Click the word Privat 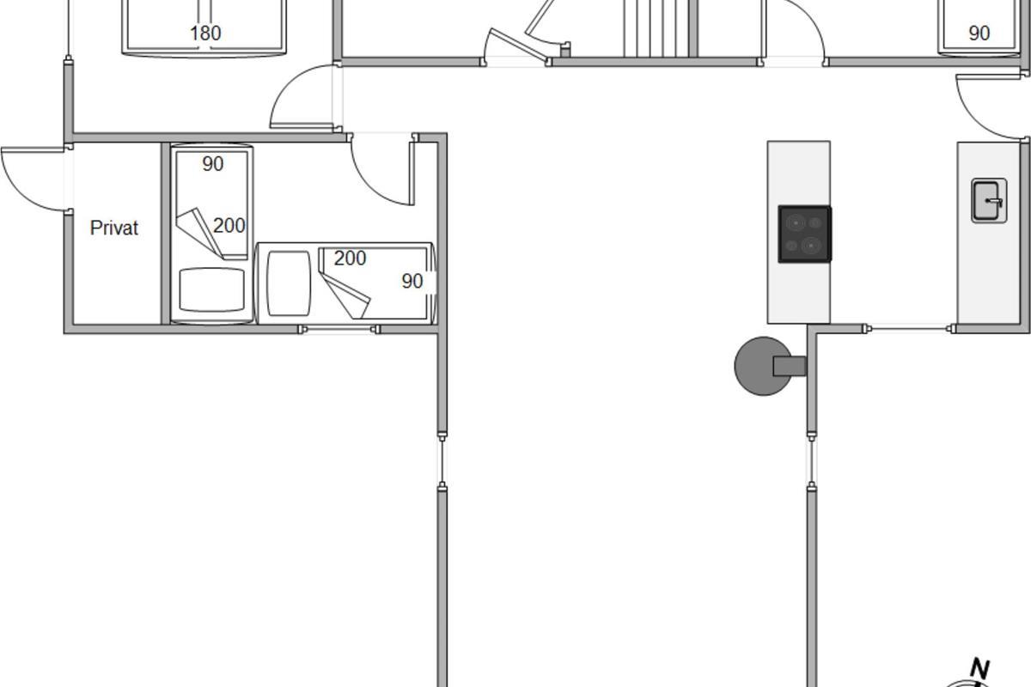(x=114, y=228)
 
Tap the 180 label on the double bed (x=205, y=33)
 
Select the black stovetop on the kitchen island (x=804, y=234)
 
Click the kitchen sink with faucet (x=989, y=201)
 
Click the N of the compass (x=980, y=670)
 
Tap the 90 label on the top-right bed (x=979, y=33)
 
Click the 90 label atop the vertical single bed (x=213, y=164)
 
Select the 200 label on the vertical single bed (x=229, y=226)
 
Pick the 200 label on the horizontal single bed (x=350, y=258)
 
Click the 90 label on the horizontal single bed (x=412, y=282)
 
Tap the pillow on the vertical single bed (x=211, y=290)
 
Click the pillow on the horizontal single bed (x=289, y=283)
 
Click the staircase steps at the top (x=656, y=28)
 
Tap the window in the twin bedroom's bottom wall (x=339, y=329)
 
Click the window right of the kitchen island (x=910, y=329)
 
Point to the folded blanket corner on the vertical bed (x=199, y=233)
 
